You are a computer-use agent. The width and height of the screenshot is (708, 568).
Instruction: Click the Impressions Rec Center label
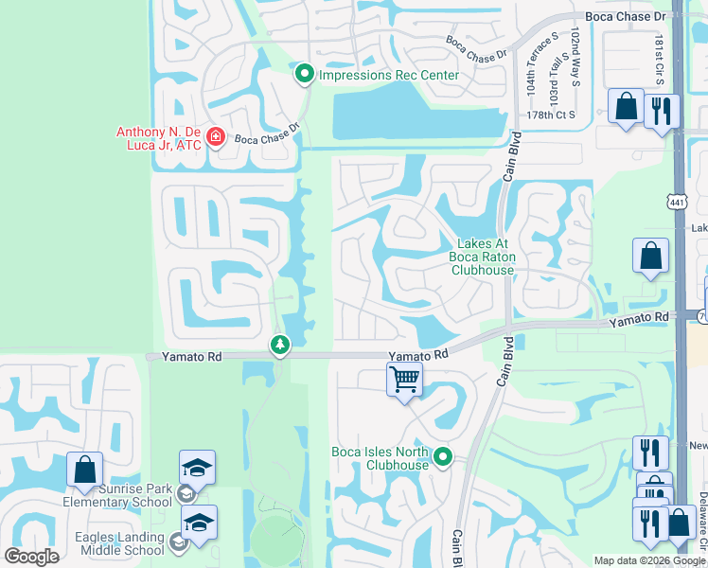click(x=389, y=75)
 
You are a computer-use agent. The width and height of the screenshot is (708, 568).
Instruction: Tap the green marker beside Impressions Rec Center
click(x=305, y=73)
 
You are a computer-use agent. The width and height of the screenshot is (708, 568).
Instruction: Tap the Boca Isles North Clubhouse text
click(x=381, y=458)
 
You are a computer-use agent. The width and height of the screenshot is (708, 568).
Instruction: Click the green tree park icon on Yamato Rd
click(x=279, y=345)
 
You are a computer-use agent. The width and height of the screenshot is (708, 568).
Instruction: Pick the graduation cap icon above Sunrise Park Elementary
click(x=197, y=468)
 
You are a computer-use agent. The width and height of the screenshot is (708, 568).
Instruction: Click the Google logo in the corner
click(x=31, y=557)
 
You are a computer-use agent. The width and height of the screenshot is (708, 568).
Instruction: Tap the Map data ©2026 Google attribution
click(x=649, y=560)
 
